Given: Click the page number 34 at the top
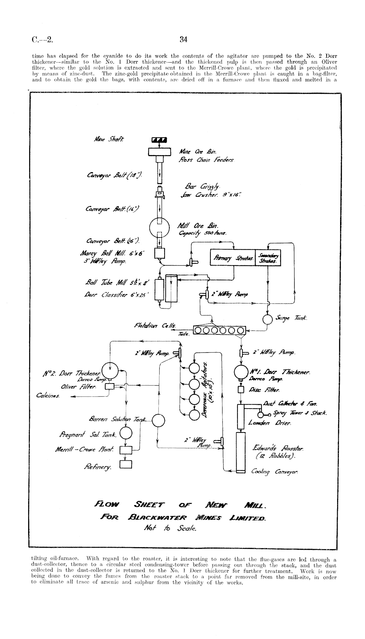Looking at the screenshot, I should [183, 40].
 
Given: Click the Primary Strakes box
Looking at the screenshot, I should [232, 258].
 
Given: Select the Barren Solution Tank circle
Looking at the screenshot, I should [158, 420].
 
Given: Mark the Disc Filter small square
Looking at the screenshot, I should [241, 389].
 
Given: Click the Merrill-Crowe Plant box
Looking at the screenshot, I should [126, 450].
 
